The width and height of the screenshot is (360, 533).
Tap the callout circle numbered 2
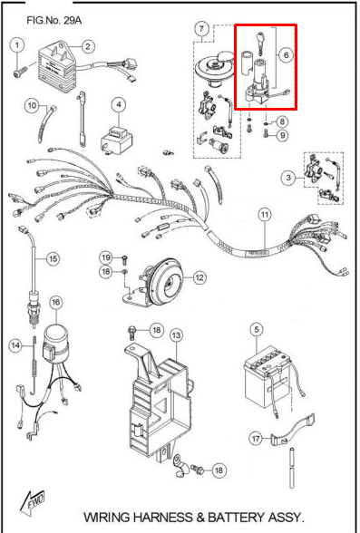click(x=88, y=46)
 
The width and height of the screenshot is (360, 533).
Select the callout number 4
click(x=118, y=105)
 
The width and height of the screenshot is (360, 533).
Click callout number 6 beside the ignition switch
click(x=286, y=54)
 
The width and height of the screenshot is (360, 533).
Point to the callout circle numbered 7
click(x=201, y=29)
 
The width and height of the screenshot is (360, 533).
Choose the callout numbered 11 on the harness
click(x=265, y=215)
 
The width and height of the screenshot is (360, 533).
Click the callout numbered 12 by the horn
click(x=199, y=277)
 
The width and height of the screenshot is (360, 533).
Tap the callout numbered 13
click(x=176, y=335)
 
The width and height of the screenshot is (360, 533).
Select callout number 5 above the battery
click(x=257, y=329)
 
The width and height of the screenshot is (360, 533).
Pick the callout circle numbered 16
click(x=56, y=302)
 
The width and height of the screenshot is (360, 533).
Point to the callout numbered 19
click(x=106, y=257)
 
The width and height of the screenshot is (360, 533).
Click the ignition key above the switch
click(x=259, y=44)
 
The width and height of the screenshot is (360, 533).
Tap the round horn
click(x=166, y=281)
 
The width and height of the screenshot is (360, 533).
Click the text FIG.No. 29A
click(x=54, y=20)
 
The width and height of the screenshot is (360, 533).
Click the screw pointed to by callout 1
click(x=19, y=73)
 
